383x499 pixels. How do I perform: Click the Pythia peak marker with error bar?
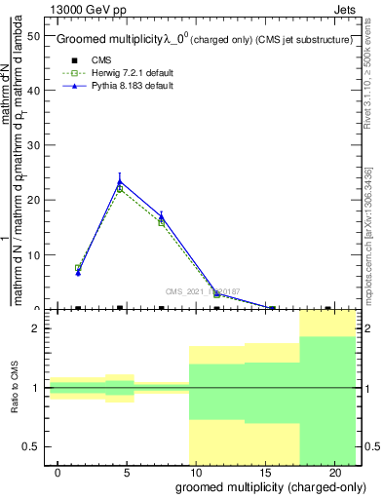click(x=120, y=180)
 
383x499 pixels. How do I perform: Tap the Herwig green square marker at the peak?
click(x=120, y=188)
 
